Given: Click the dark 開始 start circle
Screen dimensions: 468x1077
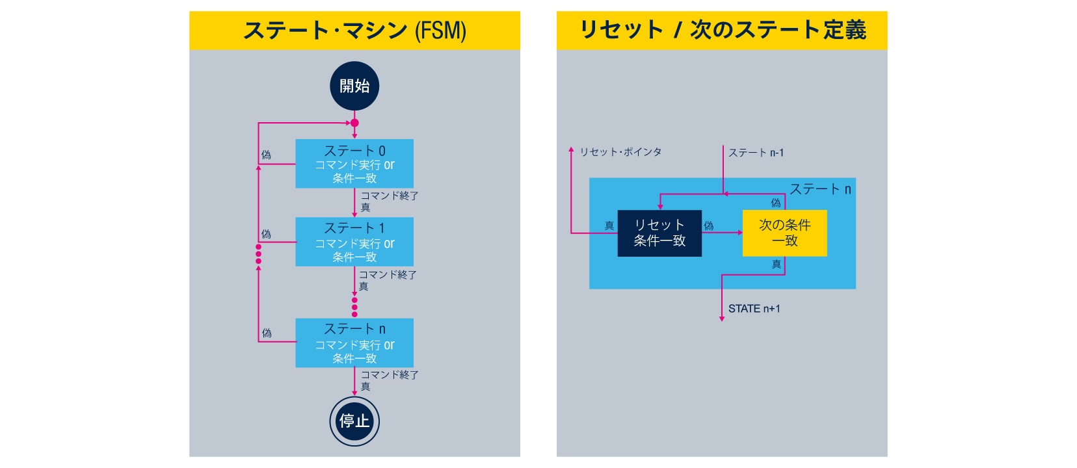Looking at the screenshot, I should pyautogui.click(x=354, y=86).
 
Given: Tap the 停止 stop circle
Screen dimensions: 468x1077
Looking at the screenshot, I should pyautogui.click(x=354, y=421).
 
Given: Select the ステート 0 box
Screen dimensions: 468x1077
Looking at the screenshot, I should pyautogui.click(x=354, y=164).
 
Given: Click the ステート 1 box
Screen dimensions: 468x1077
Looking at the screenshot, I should pyautogui.click(x=354, y=242).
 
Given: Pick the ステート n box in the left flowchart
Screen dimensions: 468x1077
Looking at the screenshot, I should pyautogui.click(x=354, y=343).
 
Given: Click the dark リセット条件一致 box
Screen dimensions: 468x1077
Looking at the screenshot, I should pyautogui.click(x=659, y=233).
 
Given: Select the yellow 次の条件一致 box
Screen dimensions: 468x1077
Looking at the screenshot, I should pyautogui.click(x=784, y=233).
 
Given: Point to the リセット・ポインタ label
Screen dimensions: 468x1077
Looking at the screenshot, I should pyautogui.click(x=620, y=152).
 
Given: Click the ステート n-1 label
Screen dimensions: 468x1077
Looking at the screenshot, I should pyautogui.click(x=756, y=153).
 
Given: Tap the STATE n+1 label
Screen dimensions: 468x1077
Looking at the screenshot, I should pyautogui.click(x=754, y=309).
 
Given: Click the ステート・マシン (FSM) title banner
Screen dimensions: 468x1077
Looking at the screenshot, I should pyautogui.click(x=354, y=30).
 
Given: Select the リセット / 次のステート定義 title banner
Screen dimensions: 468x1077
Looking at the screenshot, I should pyautogui.click(x=722, y=30).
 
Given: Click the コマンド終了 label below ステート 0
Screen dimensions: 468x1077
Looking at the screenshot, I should pyautogui.click(x=390, y=196).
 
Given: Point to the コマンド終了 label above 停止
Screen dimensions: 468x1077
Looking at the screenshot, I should pyautogui.click(x=390, y=375).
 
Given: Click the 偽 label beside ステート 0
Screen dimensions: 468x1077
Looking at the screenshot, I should pyautogui.click(x=266, y=155).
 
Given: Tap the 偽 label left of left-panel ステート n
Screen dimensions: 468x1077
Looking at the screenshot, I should pyautogui.click(x=267, y=333).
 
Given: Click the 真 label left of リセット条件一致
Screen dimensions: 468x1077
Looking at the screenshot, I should pyautogui.click(x=609, y=226).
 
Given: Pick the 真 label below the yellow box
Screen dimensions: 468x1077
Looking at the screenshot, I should pyautogui.click(x=776, y=264).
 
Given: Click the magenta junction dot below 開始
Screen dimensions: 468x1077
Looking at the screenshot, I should pyautogui.click(x=354, y=123).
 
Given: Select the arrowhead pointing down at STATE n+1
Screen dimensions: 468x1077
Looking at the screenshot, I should pyautogui.click(x=722, y=318).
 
